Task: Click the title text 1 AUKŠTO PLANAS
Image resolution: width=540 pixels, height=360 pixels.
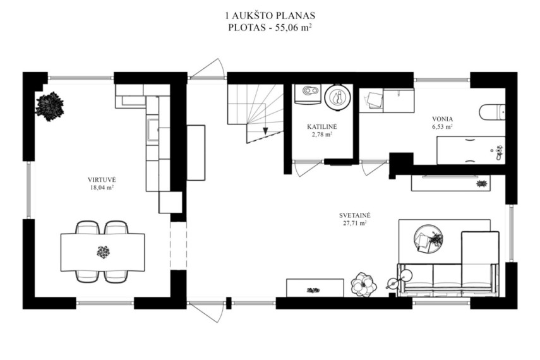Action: click(270, 16)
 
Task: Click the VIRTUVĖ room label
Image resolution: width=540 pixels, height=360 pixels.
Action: click(102, 180)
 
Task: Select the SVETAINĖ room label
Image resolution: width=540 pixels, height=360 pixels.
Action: click(355, 215)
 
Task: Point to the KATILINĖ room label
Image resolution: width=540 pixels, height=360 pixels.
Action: click(322, 127)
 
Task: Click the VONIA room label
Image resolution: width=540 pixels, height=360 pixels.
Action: click(443, 119)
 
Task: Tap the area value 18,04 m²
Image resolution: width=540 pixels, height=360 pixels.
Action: click(102, 188)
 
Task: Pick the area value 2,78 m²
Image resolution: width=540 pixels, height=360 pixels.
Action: click(322, 135)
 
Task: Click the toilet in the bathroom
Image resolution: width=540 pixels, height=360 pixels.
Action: click(493, 112)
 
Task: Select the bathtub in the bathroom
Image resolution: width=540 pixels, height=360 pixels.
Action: click(471, 150)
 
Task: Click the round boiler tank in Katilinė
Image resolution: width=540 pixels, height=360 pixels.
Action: click(338, 97)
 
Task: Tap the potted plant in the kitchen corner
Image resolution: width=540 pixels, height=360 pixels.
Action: click(50, 106)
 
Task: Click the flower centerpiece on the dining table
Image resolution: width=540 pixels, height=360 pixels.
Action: click(103, 252)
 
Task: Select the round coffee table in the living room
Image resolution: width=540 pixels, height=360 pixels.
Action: click(428, 239)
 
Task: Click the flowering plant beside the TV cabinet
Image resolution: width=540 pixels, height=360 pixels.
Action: click(363, 285)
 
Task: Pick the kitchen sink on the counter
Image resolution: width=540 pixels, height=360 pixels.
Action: click(153, 131)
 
